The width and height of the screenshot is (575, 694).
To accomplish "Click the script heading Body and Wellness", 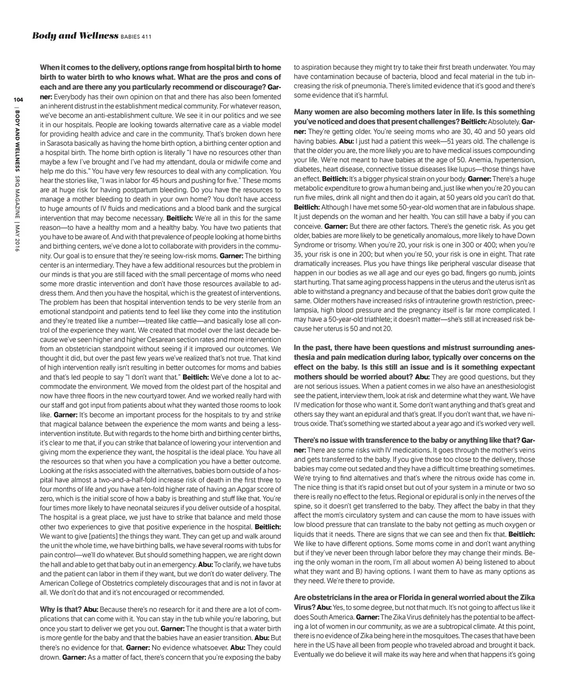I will pyautogui.click(x=75, y=36).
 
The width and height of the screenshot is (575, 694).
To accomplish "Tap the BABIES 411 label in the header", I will pyautogui.click(x=136, y=38).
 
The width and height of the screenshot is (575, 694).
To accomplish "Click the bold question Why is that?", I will pyautogui.click(x=61, y=609).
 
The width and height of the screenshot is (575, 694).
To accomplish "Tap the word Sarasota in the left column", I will pyautogui.click(x=54, y=143).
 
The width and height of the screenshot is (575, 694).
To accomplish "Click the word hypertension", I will pyautogui.click(x=512, y=159).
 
